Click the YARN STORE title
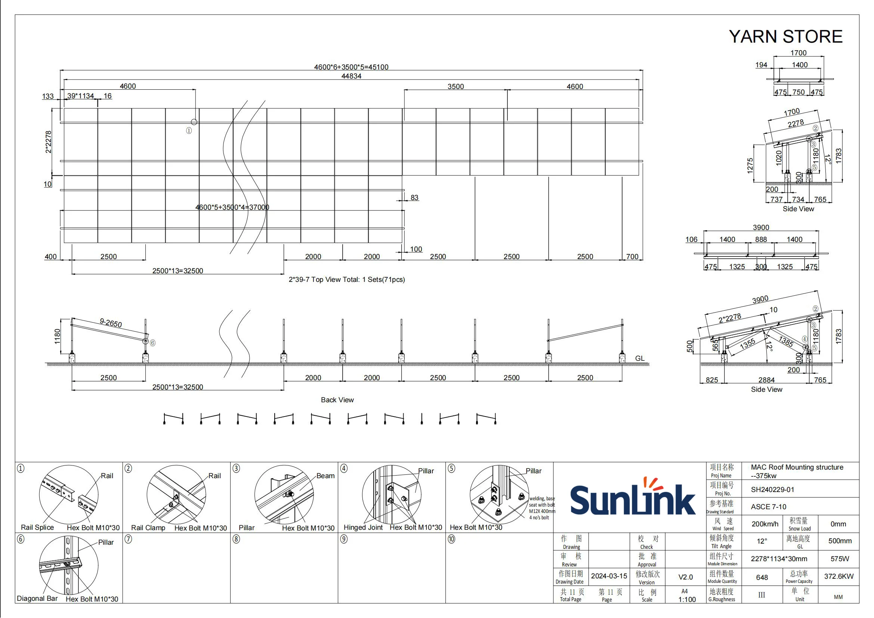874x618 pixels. (x=785, y=37)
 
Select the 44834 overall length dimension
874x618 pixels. (x=351, y=76)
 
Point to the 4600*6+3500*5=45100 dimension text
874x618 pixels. (x=351, y=67)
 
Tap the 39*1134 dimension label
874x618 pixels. (x=80, y=96)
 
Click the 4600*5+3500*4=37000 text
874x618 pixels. (x=232, y=207)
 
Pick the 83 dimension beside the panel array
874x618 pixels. (x=414, y=197)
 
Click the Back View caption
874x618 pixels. (x=337, y=400)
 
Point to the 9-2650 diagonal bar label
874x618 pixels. (x=111, y=323)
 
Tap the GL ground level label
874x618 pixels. (x=639, y=358)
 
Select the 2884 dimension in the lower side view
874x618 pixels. (x=766, y=379)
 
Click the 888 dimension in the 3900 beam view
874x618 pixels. (x=760, y=239)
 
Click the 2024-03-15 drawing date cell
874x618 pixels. (x=609, y=576)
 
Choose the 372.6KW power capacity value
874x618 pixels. (x=839, y=576)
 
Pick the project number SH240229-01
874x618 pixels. (x=772, y=490)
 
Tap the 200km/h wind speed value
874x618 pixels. (x=765, y=524)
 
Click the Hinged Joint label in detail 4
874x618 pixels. (x=363, y=528)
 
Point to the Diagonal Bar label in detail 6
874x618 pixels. (x=37, y=598)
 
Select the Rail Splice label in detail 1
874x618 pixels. (x=37, y=528)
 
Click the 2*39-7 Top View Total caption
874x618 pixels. (x=346, y=280)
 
